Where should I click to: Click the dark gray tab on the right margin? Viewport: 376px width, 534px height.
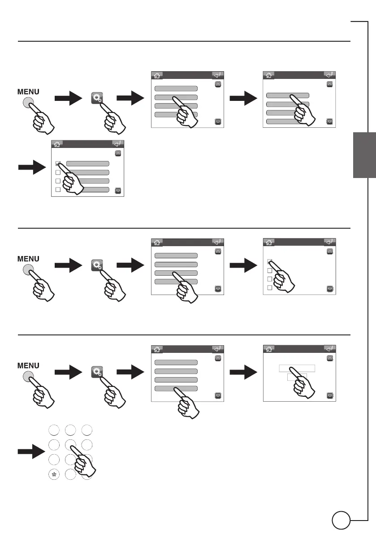pyautogui.click(x=364, y=155)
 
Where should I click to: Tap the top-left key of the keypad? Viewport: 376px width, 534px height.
pyautogui.click(x=53, y=429)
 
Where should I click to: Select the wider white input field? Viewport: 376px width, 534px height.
pyautogui.click(x=297, y=368)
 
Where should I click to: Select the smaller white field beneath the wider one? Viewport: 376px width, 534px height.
pyautogui.click(x=297, y=377)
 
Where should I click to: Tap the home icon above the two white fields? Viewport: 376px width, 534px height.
pyautogui.click(x=268, y=349)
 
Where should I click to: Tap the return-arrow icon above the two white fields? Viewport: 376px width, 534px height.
pyautogui.click(x=329, y=349)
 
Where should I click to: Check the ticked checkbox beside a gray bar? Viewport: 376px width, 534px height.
pyautogui.click(x=58, y=164)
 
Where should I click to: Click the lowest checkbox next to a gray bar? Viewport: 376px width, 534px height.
pyautogui.click(x=58, y=190)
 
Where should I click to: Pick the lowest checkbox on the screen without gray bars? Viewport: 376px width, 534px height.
pyautogui.click(x=270, y=287)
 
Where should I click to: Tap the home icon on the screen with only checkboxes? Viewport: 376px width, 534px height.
pyautogui.click(x=268, y=242)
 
